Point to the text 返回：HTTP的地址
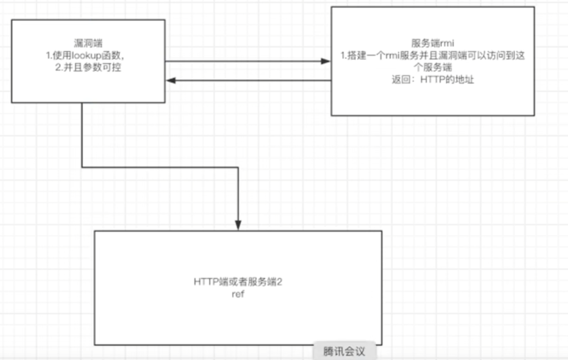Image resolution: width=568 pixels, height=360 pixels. coord(432,80)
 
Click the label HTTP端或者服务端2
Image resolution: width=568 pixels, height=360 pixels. coord(238,282)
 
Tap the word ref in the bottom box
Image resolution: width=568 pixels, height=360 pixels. coord(238,294)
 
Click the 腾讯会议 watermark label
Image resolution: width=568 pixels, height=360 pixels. coord(345,351)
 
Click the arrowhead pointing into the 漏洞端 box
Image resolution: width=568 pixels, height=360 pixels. coord(170,81)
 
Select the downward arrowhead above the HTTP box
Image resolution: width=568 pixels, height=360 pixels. coord(238,226)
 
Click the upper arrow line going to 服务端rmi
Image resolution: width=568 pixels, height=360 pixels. coord(245,61)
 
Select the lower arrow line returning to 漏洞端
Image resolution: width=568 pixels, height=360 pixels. coord(250,81)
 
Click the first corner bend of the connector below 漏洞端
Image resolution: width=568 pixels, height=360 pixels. coord(82,167)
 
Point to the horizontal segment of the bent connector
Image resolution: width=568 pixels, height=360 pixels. coord(160,167)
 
